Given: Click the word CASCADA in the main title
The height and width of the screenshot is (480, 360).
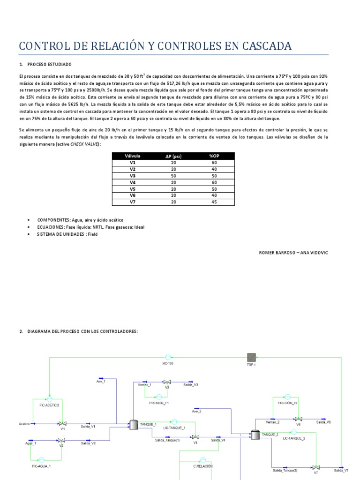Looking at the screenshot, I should pos(263,46).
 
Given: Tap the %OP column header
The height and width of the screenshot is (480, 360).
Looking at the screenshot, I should pos(214,156).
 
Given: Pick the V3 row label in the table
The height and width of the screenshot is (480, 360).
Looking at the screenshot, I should pos(132,175).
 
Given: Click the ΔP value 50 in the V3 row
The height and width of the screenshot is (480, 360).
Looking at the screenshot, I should pos(173,175).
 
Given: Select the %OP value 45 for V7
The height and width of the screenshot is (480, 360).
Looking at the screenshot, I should pos(214,202).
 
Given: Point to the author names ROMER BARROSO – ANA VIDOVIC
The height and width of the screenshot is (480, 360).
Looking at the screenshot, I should pos(294,253).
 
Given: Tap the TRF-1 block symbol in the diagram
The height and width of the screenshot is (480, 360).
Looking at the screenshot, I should pos(252,357).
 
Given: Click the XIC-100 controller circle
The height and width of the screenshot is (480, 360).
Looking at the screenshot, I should pos(168,357).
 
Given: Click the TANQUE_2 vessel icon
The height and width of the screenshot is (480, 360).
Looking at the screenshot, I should pos(255,435).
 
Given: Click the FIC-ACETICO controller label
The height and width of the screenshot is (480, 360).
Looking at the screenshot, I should pos(49,405).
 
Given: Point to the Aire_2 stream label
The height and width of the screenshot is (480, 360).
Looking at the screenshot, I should pos(196,412).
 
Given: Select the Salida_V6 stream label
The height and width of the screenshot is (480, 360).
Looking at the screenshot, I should pos(323,422).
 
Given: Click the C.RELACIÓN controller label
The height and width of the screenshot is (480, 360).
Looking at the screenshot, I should pos(203,466).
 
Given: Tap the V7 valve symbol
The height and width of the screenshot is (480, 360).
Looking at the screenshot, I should pos(316,467).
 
